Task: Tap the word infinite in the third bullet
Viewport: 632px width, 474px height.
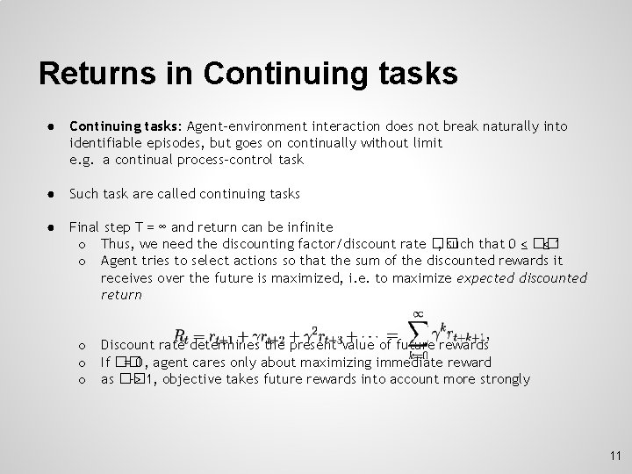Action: tap(310, 226)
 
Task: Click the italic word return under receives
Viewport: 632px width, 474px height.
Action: tap(121, 294)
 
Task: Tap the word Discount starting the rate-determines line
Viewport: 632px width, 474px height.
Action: tap(127, 345)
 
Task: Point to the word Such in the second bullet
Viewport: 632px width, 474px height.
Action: tap(84, 193)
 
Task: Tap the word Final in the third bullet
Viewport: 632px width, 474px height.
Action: tap(84, 226)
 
